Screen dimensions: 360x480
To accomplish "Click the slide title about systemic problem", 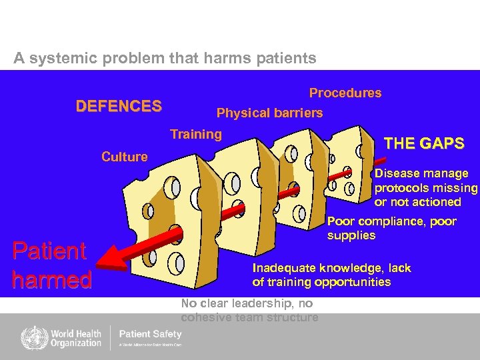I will click(165, 58).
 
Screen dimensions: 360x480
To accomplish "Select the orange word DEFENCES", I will click(119, 106).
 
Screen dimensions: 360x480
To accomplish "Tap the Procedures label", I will click(345, 93).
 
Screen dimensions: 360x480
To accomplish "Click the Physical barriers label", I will click(269, 113).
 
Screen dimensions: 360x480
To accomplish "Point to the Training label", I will click(196, 134).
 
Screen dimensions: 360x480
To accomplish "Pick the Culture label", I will click(125, 157).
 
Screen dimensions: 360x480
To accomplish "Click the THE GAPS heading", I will click(424, 143).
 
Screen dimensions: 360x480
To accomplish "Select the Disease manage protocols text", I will click(425, 187).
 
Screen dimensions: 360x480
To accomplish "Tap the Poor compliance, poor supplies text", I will click(391, 228).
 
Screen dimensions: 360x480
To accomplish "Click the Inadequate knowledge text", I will click(331, 275).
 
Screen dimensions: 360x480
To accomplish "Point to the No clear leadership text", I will click(249, 310).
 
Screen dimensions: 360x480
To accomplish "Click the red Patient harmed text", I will click(51, 265).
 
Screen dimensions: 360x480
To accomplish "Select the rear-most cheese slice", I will click(350, 160).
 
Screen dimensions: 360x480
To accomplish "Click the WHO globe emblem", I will click(30, 337).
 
